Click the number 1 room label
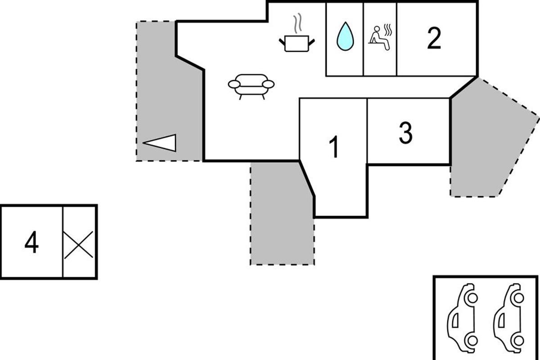333,147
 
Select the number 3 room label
405,133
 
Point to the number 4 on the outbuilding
31,243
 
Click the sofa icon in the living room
251,85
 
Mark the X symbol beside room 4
79,245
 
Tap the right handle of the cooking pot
311,42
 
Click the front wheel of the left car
472,298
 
